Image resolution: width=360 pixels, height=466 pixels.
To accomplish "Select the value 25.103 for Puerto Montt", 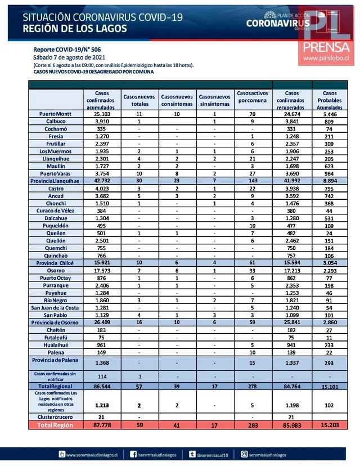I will [x=101, y=114].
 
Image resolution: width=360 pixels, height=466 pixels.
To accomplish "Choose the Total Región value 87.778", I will [x=101, y=425].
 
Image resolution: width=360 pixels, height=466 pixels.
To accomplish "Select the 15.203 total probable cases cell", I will [x=330, y=425].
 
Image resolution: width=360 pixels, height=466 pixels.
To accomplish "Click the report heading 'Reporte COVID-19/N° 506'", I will [x=67, y=50].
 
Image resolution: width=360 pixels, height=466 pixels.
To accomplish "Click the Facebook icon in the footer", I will [x=134, y=454].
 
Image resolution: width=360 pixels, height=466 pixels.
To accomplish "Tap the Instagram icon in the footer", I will [x=245, y=454].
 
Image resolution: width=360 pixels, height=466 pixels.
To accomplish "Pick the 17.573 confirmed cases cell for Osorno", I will [x=101, y=271].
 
